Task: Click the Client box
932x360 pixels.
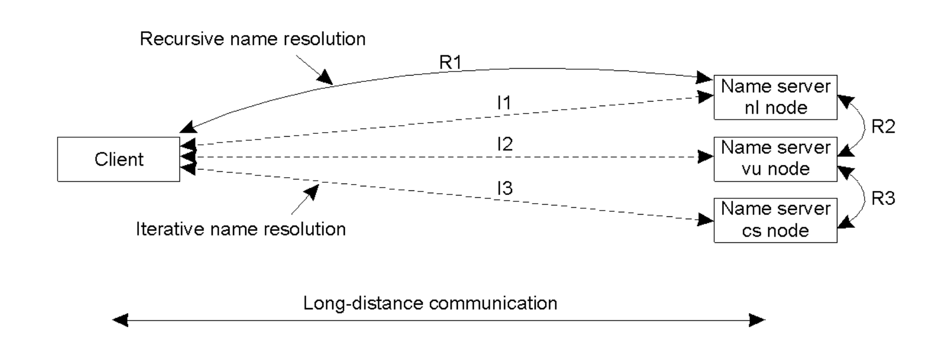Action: coord(119,159)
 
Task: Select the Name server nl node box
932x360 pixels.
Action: coord(775,97)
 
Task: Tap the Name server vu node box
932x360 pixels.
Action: coord(775,159)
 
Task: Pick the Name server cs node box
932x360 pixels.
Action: coord(775,220)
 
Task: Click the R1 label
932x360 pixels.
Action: coord(450,62)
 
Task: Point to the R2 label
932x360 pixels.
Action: coord(883,126)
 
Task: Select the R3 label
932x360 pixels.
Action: coord(883,198)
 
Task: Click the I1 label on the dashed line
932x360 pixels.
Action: coord(503,103)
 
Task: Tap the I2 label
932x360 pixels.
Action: coord(504,144)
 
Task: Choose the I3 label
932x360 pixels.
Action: coord(504,188)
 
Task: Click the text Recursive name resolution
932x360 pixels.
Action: coord(253,39)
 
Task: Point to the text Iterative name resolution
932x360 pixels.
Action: coord(240,229)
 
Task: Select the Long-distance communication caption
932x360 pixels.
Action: coord(430,303)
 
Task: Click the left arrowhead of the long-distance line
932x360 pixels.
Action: coord(120,320)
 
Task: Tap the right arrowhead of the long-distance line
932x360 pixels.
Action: coord(757,320)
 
